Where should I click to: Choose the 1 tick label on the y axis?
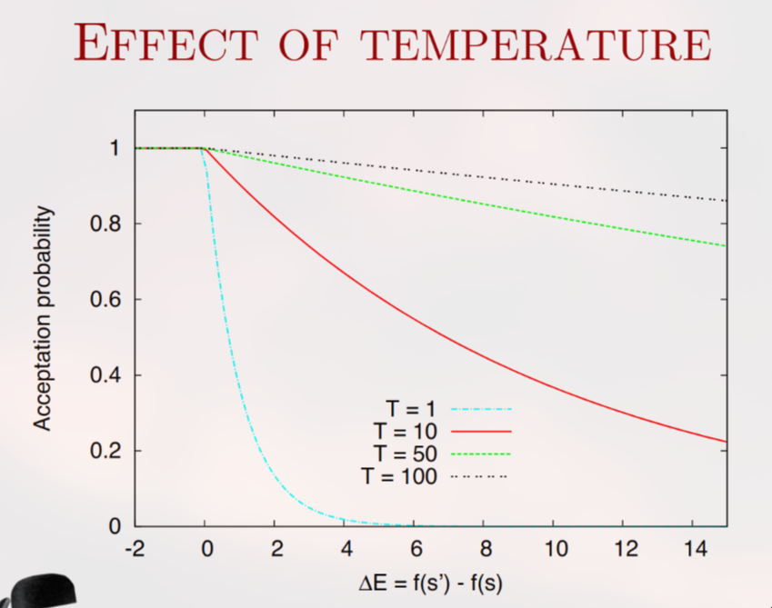(115, 148)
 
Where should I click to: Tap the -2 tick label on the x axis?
(134, 549)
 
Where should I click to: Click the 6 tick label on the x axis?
(415, 549)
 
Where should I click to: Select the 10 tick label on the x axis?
(555, 549)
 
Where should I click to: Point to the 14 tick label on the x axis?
(694, 549)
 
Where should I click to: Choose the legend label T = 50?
(406, 453)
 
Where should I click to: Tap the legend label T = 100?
(401, 475)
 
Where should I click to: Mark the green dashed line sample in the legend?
(481, 453)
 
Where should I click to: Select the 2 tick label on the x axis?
(276, 549)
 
